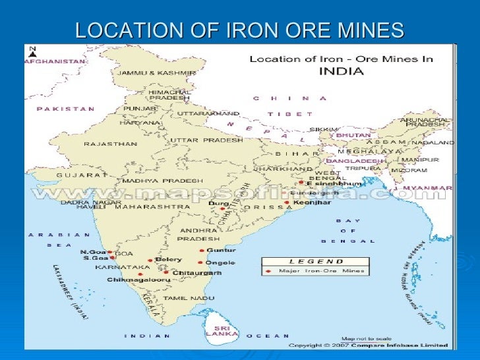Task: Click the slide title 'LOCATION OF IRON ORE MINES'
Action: [239, 30]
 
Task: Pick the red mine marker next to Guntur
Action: [201, 251]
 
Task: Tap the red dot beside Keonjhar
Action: [286, 203]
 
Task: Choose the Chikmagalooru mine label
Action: [138, 280]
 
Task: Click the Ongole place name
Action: [221, 262]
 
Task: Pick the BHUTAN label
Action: [353, 135]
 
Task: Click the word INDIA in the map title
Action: [341, 71]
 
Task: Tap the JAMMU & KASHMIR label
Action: [156, 73]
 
